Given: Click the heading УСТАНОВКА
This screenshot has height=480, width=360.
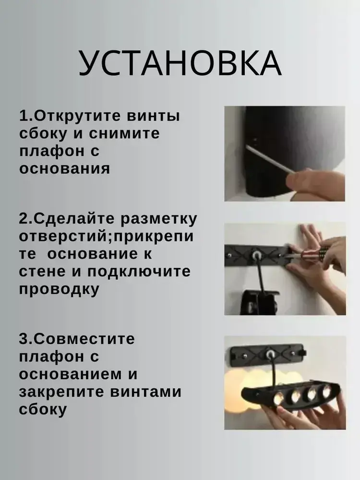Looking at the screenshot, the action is coord(180,63).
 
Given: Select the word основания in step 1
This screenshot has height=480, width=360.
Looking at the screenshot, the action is coord(64,169).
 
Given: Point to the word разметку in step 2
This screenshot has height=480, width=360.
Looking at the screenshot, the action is coord(158,219).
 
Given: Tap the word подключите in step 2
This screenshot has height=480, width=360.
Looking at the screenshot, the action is coord(139,272).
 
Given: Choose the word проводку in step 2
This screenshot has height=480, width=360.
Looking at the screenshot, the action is coord(60,289).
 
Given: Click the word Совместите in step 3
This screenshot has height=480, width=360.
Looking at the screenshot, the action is coord(84,339).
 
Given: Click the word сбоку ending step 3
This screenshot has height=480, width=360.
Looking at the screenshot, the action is coord(43,409).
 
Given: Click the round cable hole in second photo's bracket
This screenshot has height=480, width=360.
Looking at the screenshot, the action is coord(255,255).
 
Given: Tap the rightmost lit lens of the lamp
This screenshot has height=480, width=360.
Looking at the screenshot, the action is coord(326,391).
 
